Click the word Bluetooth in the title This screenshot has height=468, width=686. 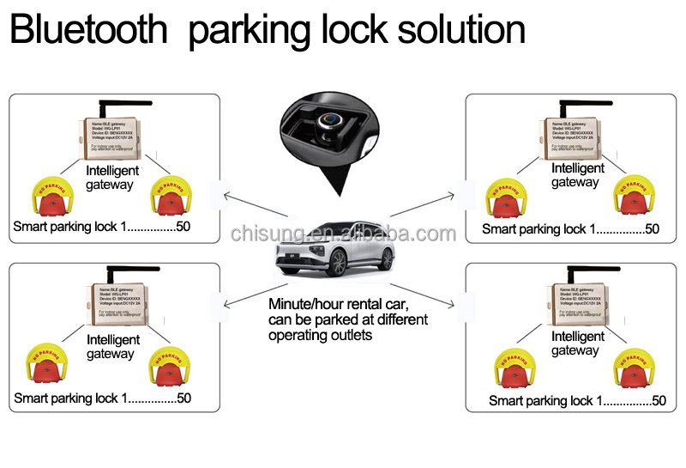tap(88, 30)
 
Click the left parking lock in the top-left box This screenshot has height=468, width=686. tap(50, 198)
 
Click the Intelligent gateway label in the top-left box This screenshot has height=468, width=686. tap(112, 178)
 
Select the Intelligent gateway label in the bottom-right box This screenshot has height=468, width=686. tap(575, 343)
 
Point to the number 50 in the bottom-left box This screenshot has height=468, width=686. tap(183, 398)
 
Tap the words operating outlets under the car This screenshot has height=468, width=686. tap(320, 335)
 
